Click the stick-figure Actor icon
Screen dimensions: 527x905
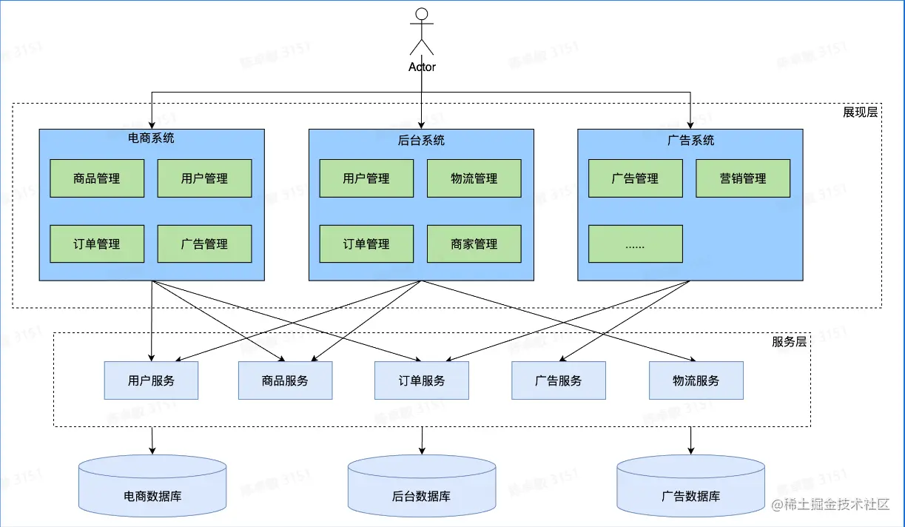pos(422,31)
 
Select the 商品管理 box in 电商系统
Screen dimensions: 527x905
pos(97,178)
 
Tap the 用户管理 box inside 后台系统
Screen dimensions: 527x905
pos(366,178)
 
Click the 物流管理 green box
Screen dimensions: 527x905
pos(474,178)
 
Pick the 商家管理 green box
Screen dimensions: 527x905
pos(474,244)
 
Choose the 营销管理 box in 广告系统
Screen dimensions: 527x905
pos(743,178)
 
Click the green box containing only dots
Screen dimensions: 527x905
pos(635,244)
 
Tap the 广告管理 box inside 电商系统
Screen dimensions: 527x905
pos(204,244)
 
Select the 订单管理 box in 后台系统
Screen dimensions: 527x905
pos(366,244)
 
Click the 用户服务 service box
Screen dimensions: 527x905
pos(151,380)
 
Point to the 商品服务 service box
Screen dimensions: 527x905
pos(285,380)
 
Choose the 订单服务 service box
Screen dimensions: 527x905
pos(421,380)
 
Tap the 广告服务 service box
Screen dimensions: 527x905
pos(559,380)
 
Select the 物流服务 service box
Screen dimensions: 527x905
pos(696,380)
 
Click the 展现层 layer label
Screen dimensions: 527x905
pos(860,113)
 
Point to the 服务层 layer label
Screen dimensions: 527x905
pos(789,341)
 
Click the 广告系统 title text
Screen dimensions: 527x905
pos(690,139)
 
